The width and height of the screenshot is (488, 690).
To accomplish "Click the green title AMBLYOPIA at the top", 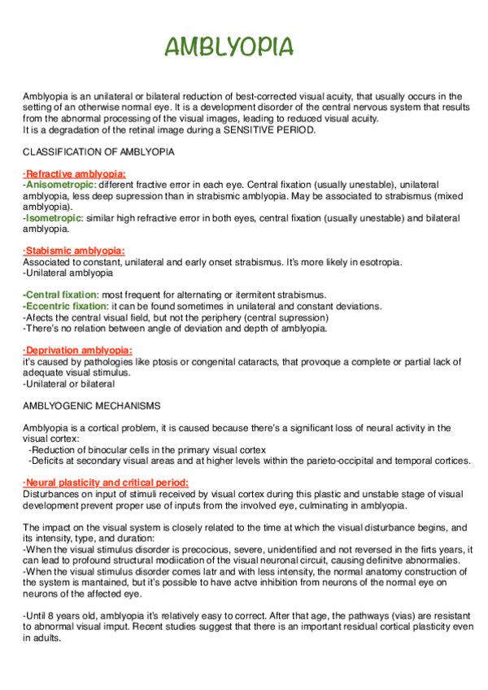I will (229, 47).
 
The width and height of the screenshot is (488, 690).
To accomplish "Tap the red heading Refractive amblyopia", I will (75, 174).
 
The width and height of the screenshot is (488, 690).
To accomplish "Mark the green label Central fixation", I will (60, 295).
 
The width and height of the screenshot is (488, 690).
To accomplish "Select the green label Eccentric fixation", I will (63, 306).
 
